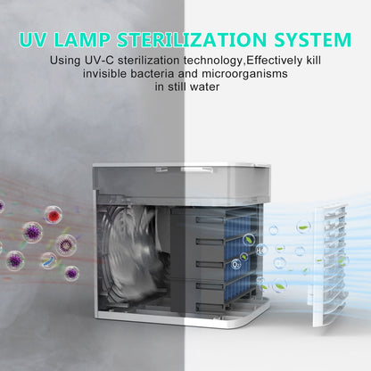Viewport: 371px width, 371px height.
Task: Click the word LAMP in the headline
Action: (x=81, y=39)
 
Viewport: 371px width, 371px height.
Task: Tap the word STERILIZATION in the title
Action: (x=192, y=39)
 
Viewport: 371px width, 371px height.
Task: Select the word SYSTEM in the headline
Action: (x=312, y=39)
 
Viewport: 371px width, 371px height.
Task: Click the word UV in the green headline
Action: (x=33, y=39)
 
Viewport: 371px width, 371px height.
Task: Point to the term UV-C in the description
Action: (x=99, y=61)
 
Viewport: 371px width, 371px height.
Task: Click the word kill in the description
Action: (x=313, y=61)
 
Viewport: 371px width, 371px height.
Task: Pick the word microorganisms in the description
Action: (x=244, y=74)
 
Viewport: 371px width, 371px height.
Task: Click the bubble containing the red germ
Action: (x=54, y=214)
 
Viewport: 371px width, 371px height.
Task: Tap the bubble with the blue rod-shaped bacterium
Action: (x=49, y=260)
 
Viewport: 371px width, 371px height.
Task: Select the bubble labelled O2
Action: (x=236, y=264)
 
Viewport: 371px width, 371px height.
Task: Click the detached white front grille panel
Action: (x=330, y=265)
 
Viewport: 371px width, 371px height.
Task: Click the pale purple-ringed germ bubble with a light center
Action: (x=66, y=245)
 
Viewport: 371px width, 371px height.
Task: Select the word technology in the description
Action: (x=212, y=61)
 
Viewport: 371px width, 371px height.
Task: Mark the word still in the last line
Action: (x=177, y=87)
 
